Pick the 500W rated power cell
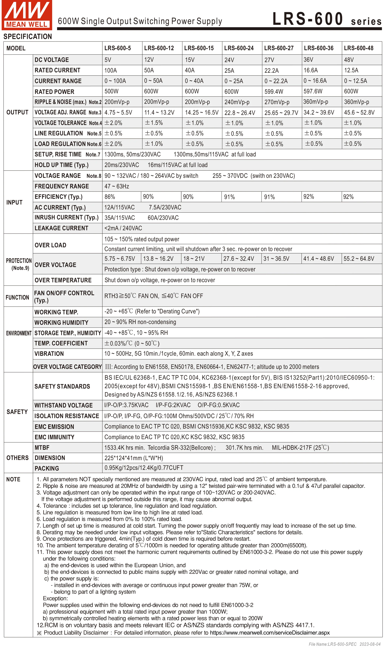pos(111,91)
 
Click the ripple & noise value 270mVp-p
pos(277,102)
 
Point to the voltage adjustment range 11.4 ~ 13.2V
pos(159,113)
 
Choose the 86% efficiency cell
pos(110,197)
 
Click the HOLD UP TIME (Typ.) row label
pos(62,165)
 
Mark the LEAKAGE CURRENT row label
pos(61,228)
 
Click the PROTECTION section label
pos(19,261)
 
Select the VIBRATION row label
pos(49,354)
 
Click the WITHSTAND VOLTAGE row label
pos(64,405)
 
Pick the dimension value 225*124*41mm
pos(134,458)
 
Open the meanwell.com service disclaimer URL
pos(270,632)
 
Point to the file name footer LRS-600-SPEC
pos(344,644)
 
